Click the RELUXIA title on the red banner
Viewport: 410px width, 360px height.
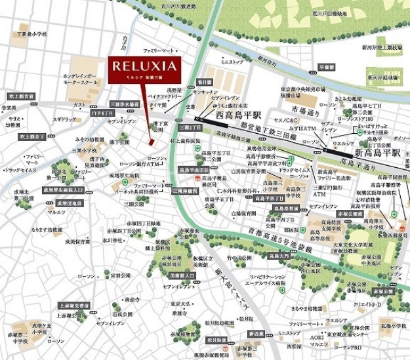[144, 66]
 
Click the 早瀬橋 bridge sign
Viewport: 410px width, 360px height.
[327, 67]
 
